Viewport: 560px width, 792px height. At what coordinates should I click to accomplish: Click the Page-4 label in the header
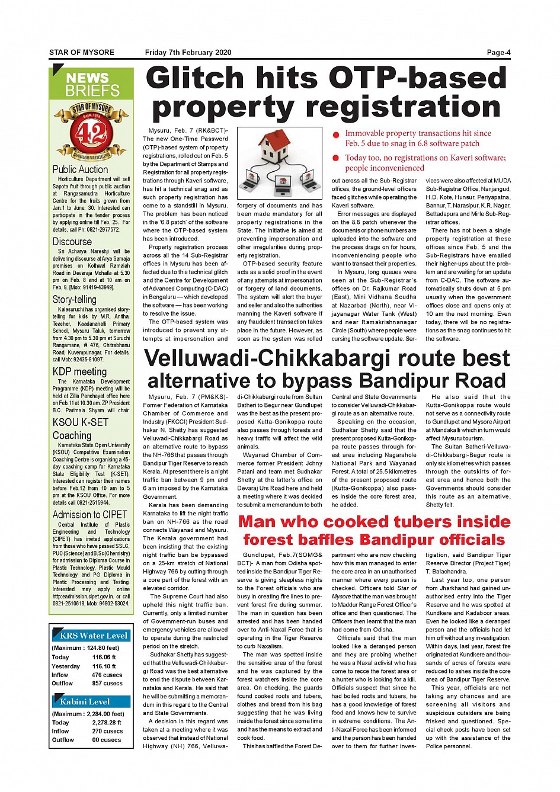498,53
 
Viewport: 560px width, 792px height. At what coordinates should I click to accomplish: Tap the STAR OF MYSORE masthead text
82,53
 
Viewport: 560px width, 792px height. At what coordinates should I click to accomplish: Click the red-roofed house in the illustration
280,146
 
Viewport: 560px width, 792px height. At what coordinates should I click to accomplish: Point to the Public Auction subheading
81,169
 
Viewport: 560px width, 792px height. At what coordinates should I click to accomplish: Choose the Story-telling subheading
74,300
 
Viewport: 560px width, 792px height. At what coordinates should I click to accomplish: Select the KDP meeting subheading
79,372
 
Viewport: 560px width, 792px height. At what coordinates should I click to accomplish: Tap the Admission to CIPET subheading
89,515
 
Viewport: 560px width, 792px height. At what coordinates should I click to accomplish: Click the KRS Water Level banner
93,636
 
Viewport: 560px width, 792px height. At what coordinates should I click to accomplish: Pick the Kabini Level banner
85,701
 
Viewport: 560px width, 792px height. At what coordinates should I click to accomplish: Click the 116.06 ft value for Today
104,657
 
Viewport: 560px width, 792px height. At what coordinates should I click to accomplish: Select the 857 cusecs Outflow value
107,683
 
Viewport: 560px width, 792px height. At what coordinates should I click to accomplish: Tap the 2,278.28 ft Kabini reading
107,723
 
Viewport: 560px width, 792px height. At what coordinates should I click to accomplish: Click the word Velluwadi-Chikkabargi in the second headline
267,359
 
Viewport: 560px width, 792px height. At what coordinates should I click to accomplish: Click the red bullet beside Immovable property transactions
335,135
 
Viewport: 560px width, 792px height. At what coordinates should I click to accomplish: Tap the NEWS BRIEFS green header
92,84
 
